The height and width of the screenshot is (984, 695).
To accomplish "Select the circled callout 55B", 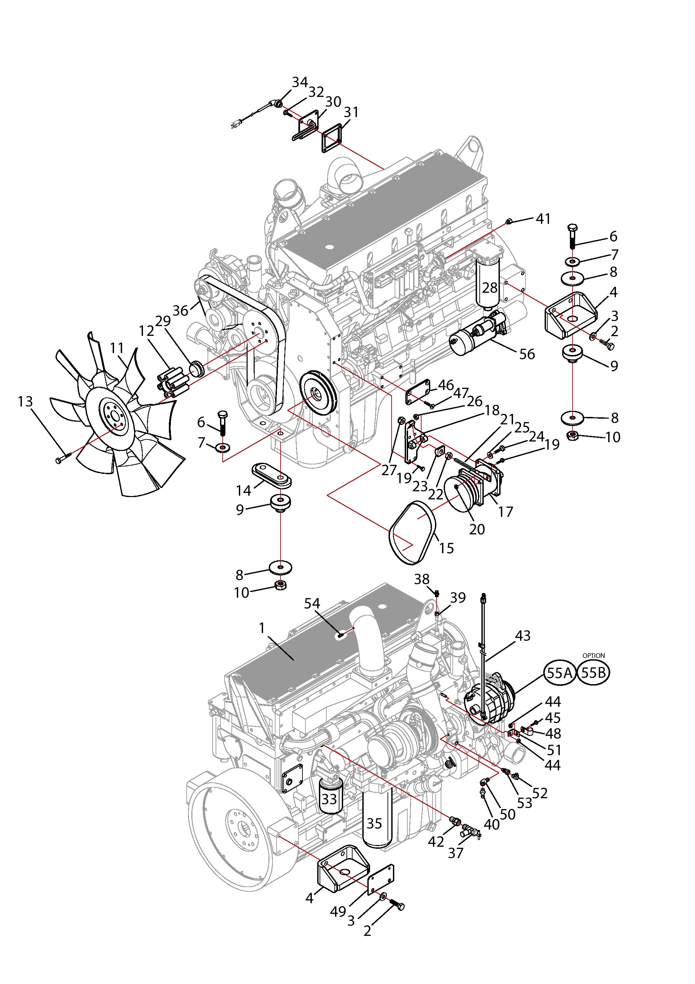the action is [x=593, y=673].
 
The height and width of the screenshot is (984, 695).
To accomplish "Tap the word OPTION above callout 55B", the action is [x=593, y=656].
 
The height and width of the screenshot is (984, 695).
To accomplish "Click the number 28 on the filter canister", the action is [x=490, y=288].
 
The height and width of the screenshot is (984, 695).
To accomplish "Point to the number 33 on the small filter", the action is [x=329, y=799].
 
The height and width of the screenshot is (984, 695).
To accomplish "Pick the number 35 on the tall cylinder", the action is [x=374, y=823].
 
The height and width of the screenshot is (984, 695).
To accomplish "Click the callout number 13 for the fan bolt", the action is [x=25, y=401].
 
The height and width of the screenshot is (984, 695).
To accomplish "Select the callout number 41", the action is [x=543, y=219].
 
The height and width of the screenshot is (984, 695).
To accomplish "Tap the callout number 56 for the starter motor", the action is [x=527, y=354].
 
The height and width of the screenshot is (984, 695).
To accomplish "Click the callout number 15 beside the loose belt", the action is [x=446, y=548].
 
